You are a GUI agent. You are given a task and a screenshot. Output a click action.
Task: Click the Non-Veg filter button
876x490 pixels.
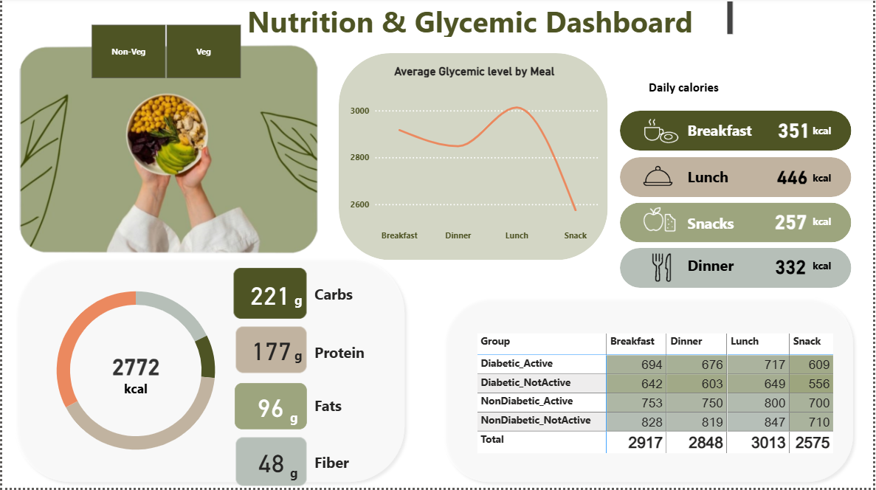[128, 52]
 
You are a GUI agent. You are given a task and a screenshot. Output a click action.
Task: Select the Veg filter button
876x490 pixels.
[204, 52]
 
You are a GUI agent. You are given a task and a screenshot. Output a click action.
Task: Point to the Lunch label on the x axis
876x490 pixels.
[517, 235]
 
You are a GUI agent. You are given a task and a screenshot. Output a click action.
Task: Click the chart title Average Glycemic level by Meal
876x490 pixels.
[474, 72]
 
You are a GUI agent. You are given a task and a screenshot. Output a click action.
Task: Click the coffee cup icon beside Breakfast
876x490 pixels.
[653, 131]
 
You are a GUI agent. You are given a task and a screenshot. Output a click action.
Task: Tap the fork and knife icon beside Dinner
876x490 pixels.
[662, 266]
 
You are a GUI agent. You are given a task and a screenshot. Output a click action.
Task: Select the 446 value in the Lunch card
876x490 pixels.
[792, 178]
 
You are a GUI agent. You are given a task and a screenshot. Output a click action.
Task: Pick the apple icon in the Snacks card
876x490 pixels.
[653, 221]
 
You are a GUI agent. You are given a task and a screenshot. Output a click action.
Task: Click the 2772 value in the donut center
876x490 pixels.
[136, 367]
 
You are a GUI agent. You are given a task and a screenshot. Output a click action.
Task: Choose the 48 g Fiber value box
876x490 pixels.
[270, 462]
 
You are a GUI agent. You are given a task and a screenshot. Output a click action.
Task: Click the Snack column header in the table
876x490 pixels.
[807, 341]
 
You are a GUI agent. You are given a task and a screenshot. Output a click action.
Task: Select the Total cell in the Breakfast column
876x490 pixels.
[635, 443]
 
